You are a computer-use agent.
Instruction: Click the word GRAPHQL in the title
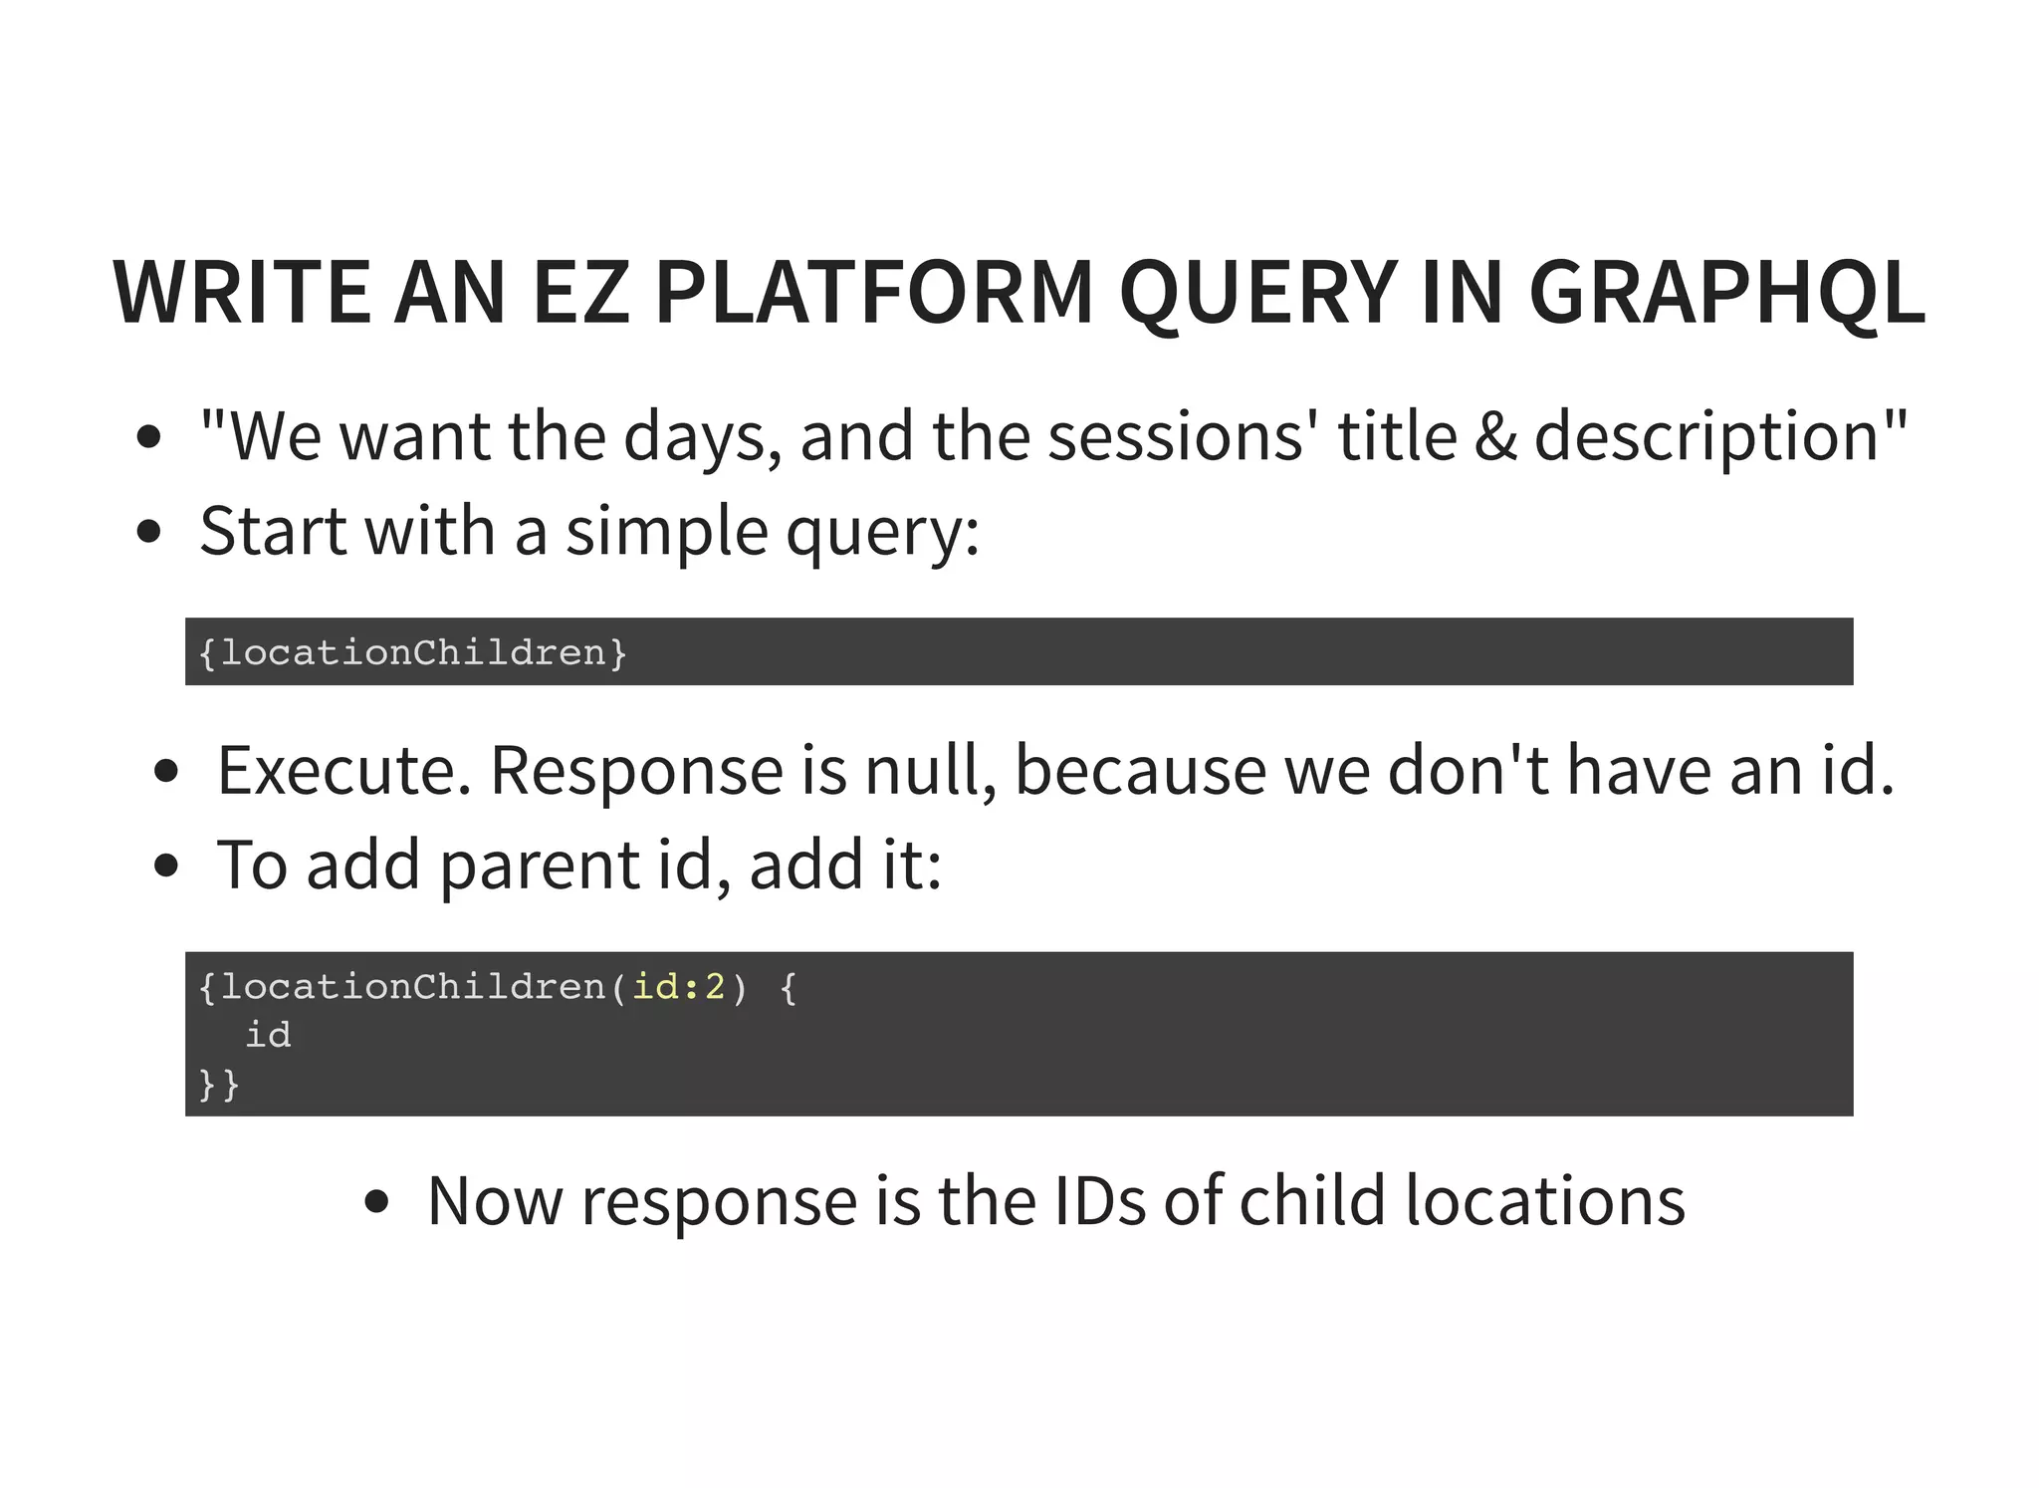(1726, 293)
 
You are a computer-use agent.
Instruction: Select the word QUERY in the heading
(1258, 293)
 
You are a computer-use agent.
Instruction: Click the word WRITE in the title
(242, 293)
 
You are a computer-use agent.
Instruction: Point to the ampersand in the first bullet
(1495, 437)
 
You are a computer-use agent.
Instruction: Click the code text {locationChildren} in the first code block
(412, 652)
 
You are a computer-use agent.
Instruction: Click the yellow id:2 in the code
(679, 987)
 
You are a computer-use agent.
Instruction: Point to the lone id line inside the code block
(268, 1035)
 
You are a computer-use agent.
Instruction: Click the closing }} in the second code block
(219, 1084)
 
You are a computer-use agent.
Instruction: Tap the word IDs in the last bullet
(1099, 1200)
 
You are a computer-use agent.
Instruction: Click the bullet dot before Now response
(376, 1202)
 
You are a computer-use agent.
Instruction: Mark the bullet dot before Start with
(148, 532)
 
